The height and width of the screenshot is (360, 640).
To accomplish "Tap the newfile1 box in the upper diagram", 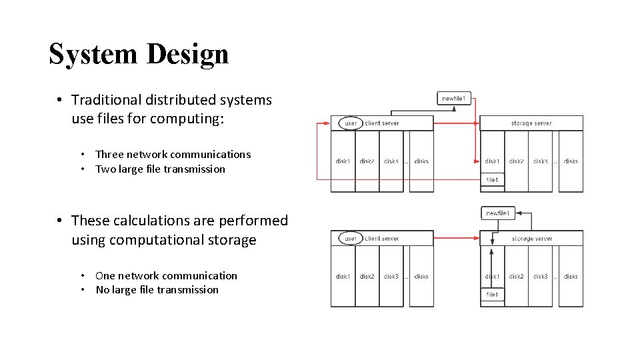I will pyautogui.click(x=456, y=99).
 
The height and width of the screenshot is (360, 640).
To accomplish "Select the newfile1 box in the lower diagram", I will pyautogui.click(x=498, y=213).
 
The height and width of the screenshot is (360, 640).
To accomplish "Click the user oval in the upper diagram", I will pyautogui.click(x=351, y=123).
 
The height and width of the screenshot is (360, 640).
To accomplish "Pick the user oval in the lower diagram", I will pyautogui.click(x=351, y=238).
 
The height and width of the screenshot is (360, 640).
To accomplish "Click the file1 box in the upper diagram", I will pyautogui.click(x=492, y=179).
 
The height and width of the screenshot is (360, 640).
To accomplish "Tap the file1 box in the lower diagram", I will pyautogui.click(x=492, y=295).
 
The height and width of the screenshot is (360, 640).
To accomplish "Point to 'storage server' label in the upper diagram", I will pyautogui.click(x=531, y=123).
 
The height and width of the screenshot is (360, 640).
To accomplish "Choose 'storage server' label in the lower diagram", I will pyautogui.click(x=531, y=239).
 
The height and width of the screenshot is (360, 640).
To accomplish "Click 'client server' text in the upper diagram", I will pyautogui.click(x=382, y=123).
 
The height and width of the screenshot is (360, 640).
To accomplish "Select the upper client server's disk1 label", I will pyautogui.click(x=343, y=161).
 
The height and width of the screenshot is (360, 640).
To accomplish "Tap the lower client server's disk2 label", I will pyautogui.click(x=367, y=277).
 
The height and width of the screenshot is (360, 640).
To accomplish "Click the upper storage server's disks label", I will pyautogui.click(x=571, y=161).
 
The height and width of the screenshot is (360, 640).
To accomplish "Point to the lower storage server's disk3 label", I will pyautogui.click(x=541, y=277).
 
